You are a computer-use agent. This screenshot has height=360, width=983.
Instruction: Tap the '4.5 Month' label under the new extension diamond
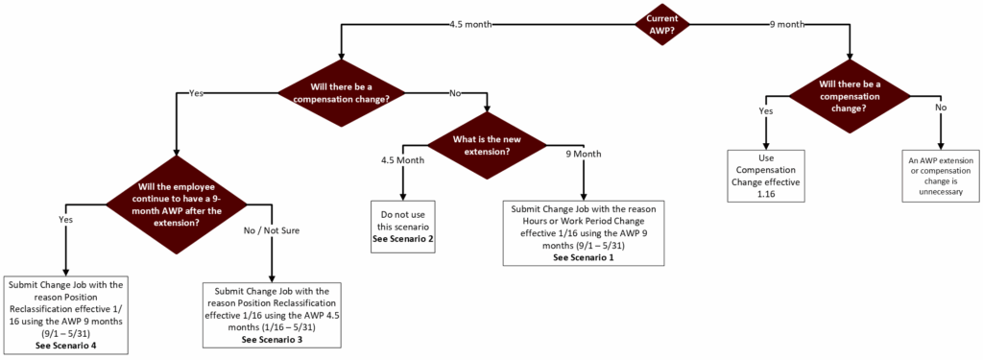coord(402,160)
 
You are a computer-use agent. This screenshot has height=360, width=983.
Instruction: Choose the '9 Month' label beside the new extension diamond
coord(582,154)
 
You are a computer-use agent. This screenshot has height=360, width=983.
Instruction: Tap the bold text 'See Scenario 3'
coord(273,338)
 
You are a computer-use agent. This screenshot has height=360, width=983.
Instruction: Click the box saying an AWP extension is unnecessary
coord(942,175)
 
